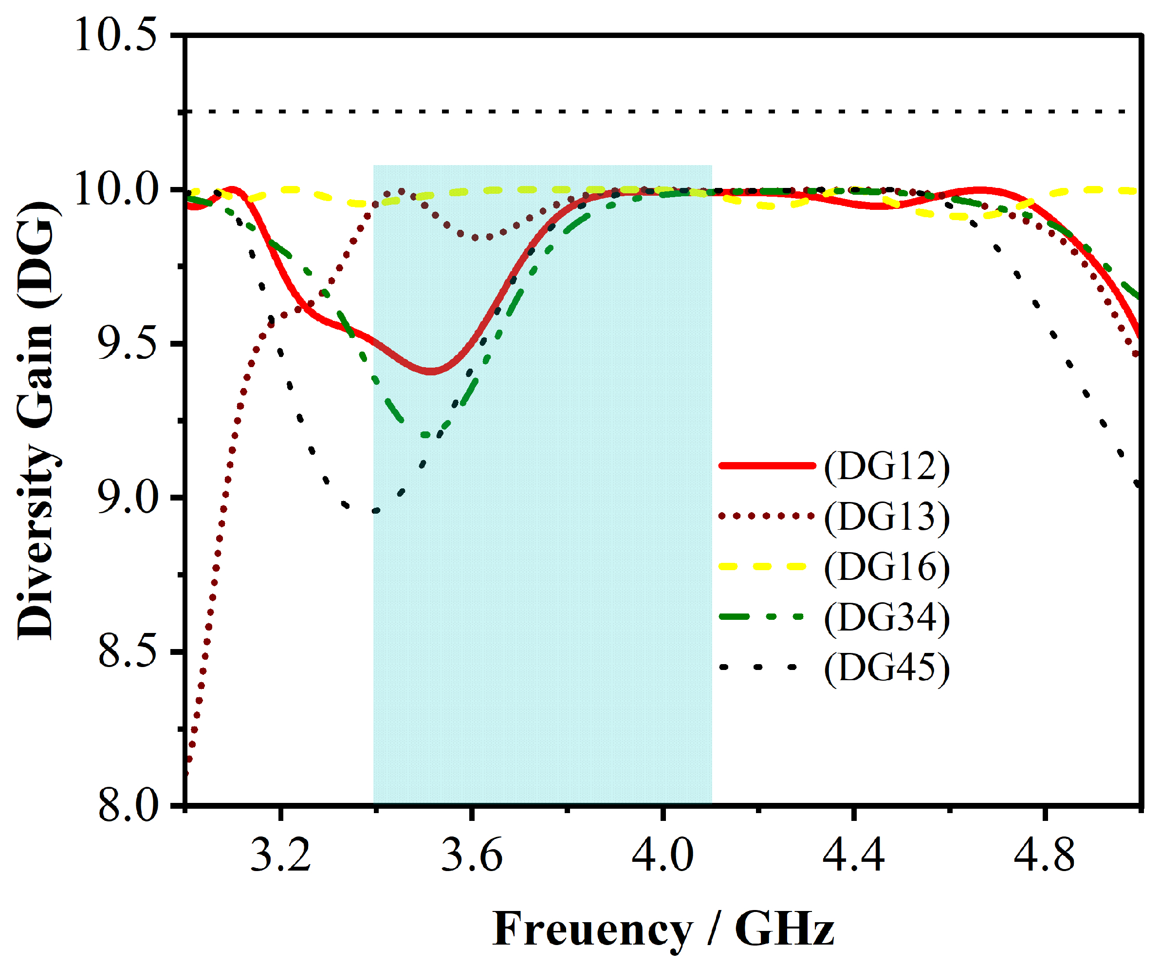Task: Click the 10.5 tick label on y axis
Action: [x=115, y=36]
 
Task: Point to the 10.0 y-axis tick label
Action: [x=115, y=189]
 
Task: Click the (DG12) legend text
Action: [x=887, y=467]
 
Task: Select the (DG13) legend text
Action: [x=887, y=517]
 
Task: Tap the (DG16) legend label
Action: [x=887, y=568]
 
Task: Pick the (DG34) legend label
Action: [x=887, y=618]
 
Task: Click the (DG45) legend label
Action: [x=887, y=668]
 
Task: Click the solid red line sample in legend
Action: [x=767, y=466]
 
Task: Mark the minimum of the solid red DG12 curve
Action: [x=430, y=372]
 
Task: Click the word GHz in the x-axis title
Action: [x=784, y=930]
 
